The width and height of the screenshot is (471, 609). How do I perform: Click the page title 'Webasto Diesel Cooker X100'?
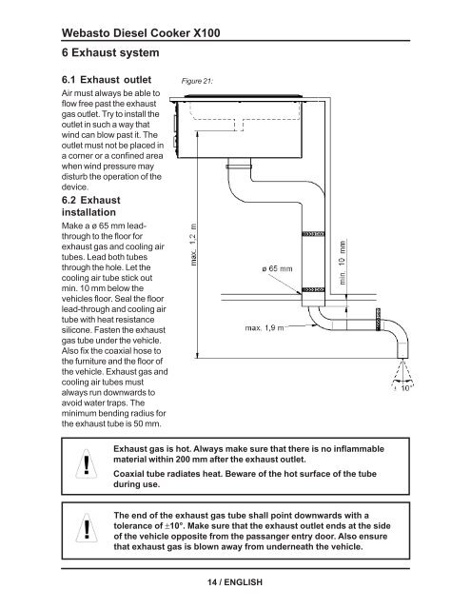[141, 32]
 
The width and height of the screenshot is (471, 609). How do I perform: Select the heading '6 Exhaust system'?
[110, 52]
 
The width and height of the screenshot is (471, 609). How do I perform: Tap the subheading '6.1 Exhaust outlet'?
[107, 80]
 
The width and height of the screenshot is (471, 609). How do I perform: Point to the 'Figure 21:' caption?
[197, 81]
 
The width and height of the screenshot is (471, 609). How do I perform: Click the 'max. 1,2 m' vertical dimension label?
[193, 245]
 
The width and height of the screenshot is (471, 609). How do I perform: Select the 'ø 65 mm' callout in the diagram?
[277, 268]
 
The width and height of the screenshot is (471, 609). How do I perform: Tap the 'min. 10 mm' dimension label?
[343, 263]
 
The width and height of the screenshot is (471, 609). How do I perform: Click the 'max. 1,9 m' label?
[264, 327]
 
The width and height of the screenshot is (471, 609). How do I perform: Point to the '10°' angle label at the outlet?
[406, 388]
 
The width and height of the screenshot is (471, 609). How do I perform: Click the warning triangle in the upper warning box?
[87, 463]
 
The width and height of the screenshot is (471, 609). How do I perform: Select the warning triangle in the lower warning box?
[87, 528]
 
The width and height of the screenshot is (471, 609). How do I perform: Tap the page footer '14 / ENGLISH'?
[235, 581]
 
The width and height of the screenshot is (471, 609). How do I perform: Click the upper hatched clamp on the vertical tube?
[313, 234]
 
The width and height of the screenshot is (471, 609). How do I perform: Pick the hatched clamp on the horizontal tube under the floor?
[378, 320]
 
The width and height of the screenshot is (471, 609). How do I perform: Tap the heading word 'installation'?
[88, 212]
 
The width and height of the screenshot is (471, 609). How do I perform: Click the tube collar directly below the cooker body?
[239, 167]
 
